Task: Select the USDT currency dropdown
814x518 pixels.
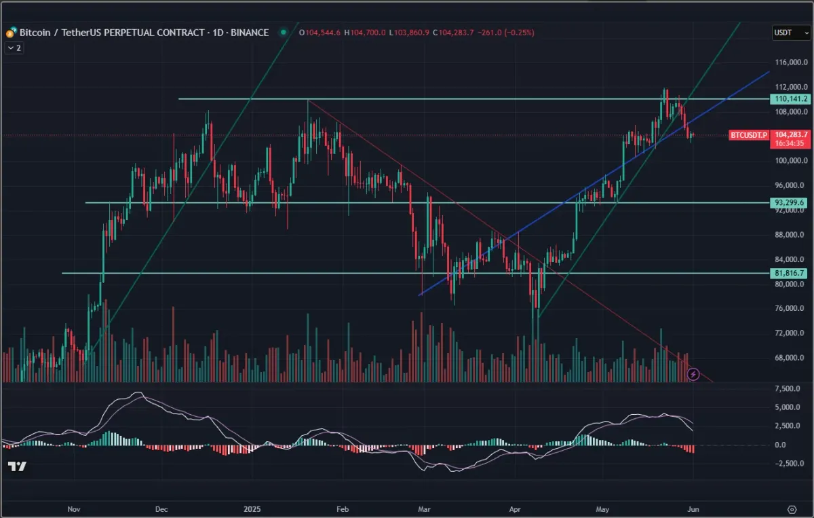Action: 789,32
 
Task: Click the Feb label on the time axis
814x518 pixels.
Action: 343,508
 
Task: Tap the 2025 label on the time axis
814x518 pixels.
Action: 252,508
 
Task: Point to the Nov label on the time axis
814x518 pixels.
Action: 75,508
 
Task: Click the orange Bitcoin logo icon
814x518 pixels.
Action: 11,33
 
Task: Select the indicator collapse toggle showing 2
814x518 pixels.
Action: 14,48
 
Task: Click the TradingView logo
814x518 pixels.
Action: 17,466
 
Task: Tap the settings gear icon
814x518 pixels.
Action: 791,509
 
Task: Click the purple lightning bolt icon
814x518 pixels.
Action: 693,374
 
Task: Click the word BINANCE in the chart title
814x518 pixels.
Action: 250,33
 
